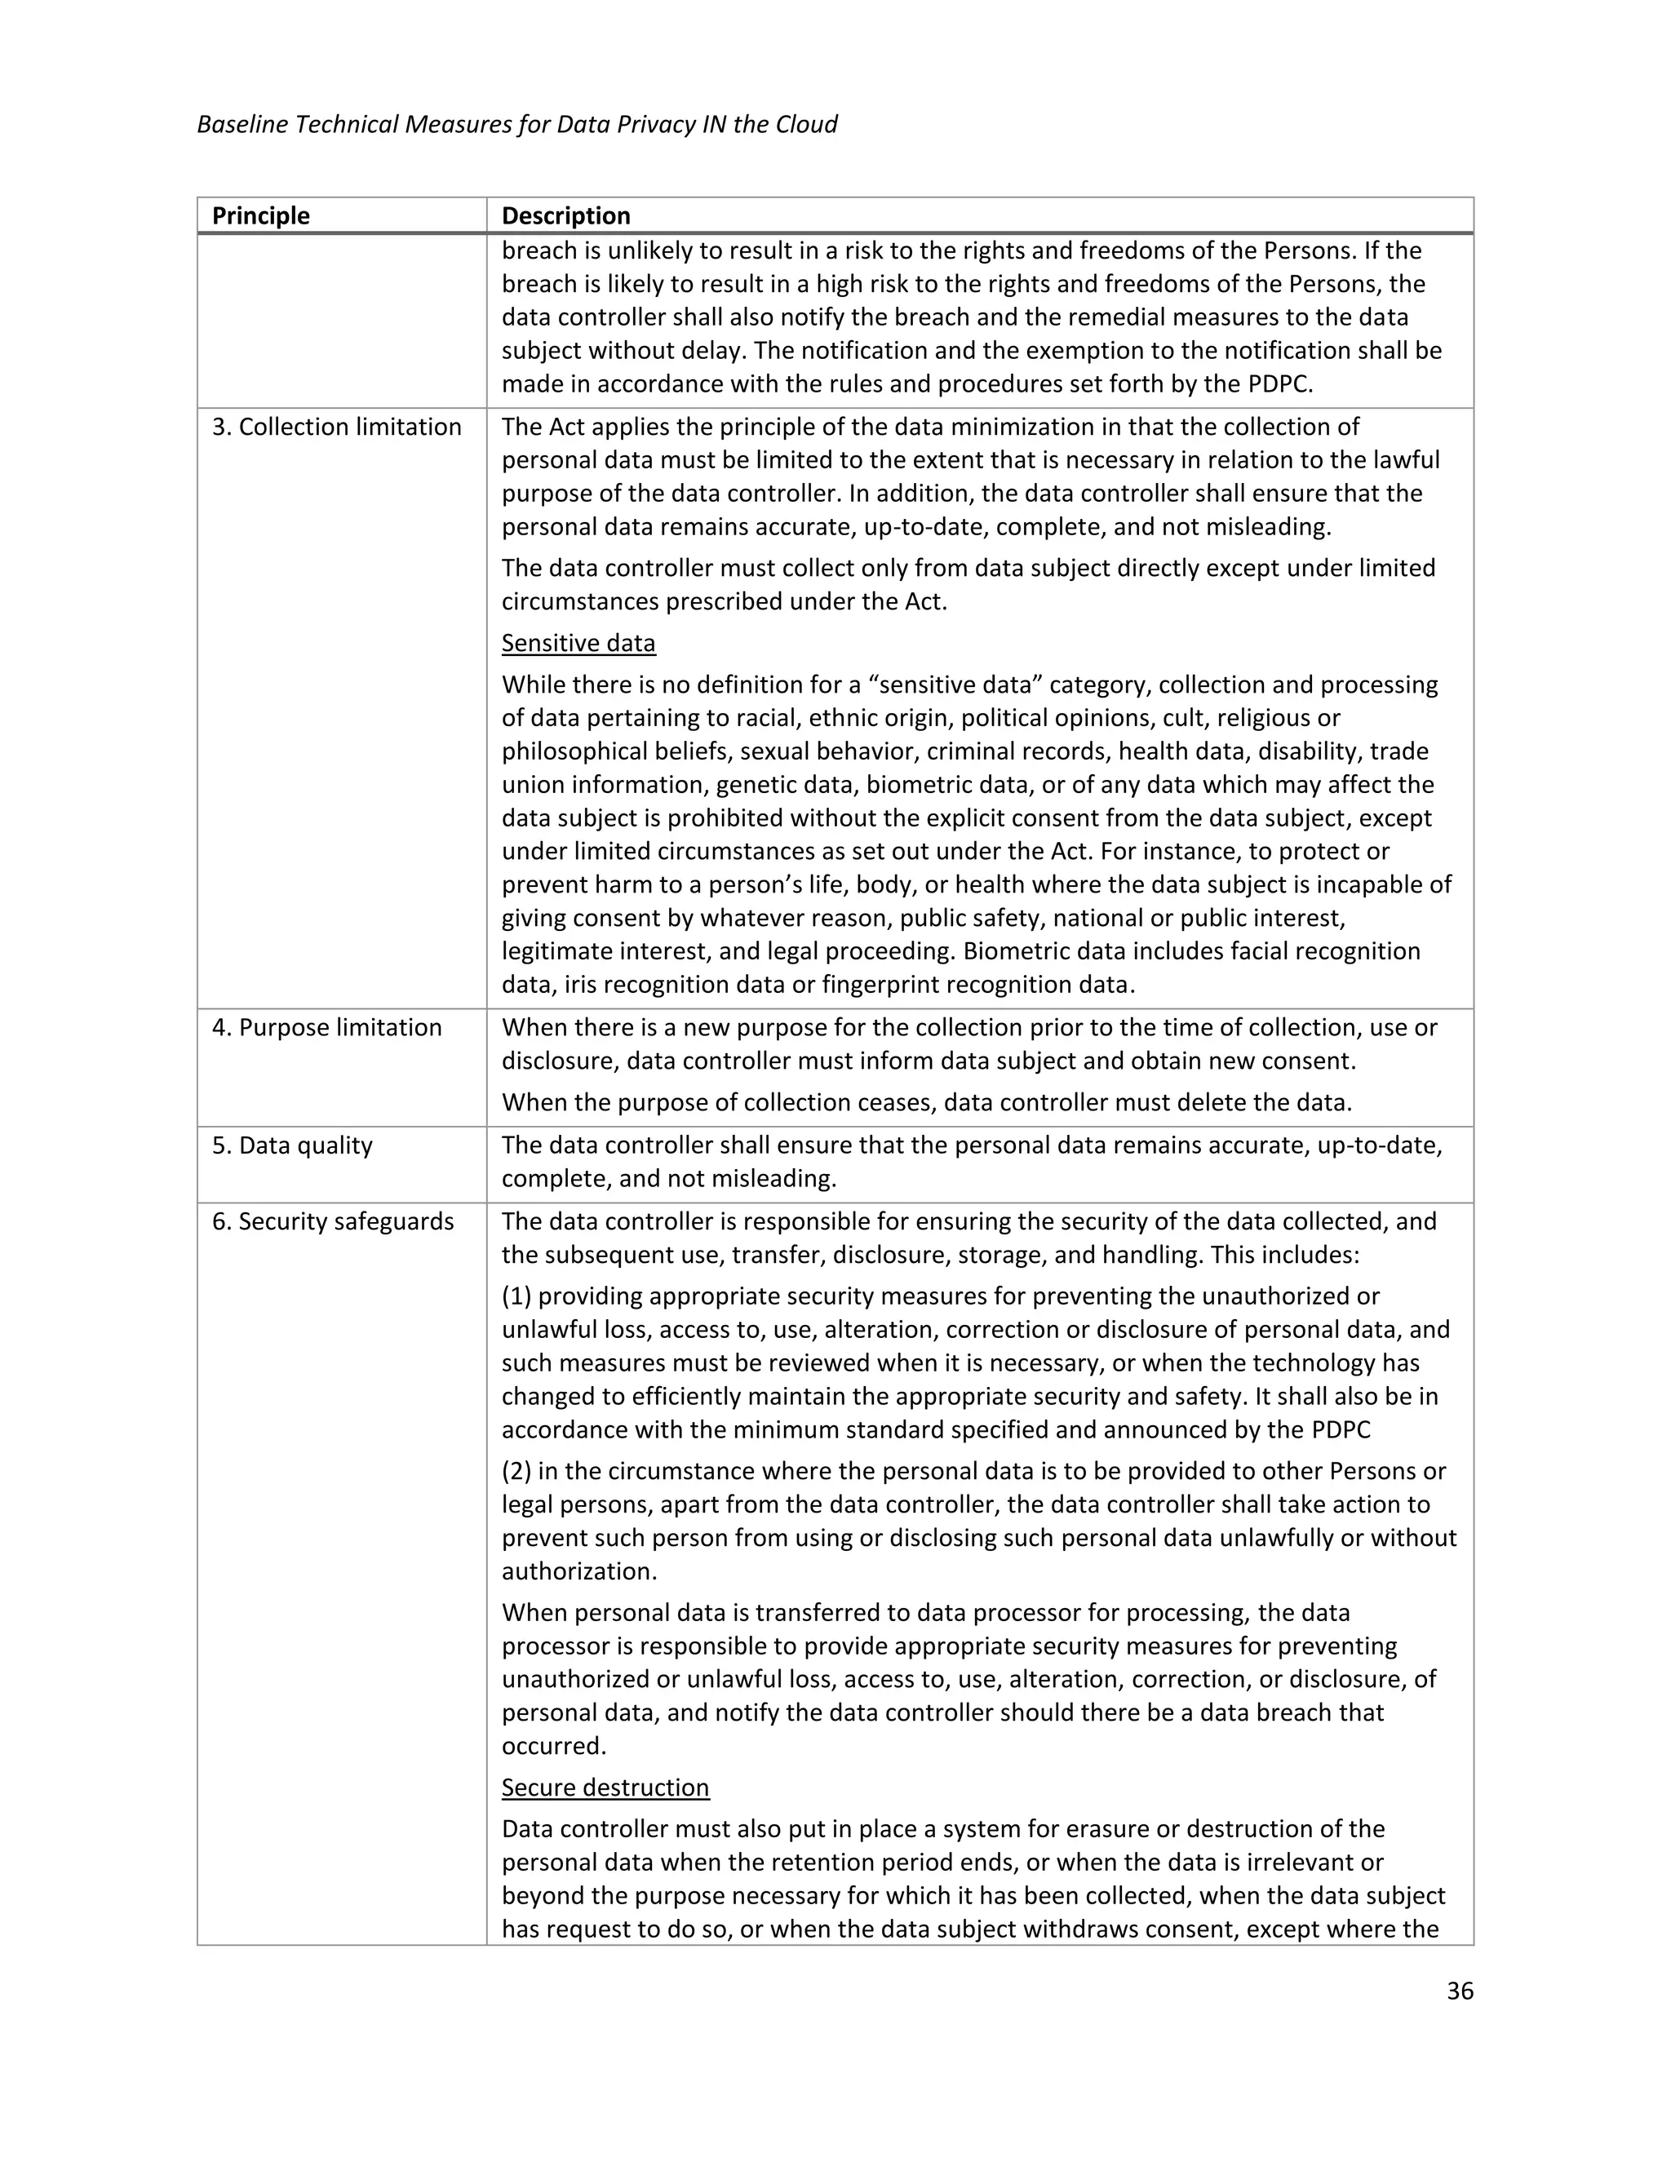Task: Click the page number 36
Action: point(1459,1991)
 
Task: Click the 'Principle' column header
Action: point(260,216)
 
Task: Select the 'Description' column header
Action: point(565,216)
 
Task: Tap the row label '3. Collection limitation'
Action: point(337,427)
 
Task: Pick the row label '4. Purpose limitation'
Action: point(326,1027)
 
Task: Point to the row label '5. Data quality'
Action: point(292,1145)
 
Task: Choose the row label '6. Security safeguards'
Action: point(333,1221)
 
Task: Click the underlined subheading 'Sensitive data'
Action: point(578,644)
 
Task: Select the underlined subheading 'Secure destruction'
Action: point(605,1787)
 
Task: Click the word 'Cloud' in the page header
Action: point(806,125)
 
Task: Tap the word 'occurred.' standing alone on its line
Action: point(553,1745)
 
